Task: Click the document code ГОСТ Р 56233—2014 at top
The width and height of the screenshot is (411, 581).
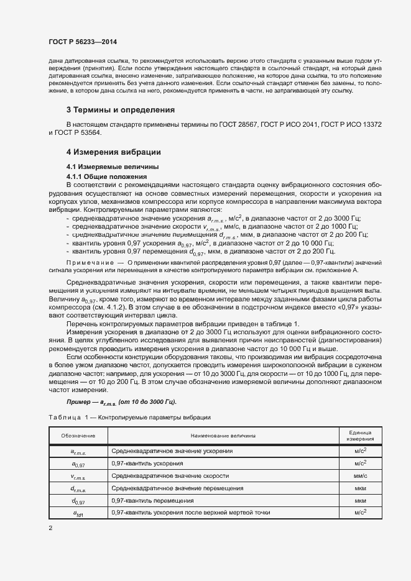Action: [x=82, y=42]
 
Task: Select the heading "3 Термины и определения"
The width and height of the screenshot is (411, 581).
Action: [x=120, y=110]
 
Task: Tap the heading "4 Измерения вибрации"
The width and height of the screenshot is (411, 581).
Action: [x=114, y=152]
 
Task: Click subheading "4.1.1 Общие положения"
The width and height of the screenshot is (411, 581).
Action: [x=102, y=176]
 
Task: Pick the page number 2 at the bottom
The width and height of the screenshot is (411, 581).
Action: [x=50, y=528]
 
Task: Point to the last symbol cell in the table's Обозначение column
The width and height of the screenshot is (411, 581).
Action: [x=78, y=513]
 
